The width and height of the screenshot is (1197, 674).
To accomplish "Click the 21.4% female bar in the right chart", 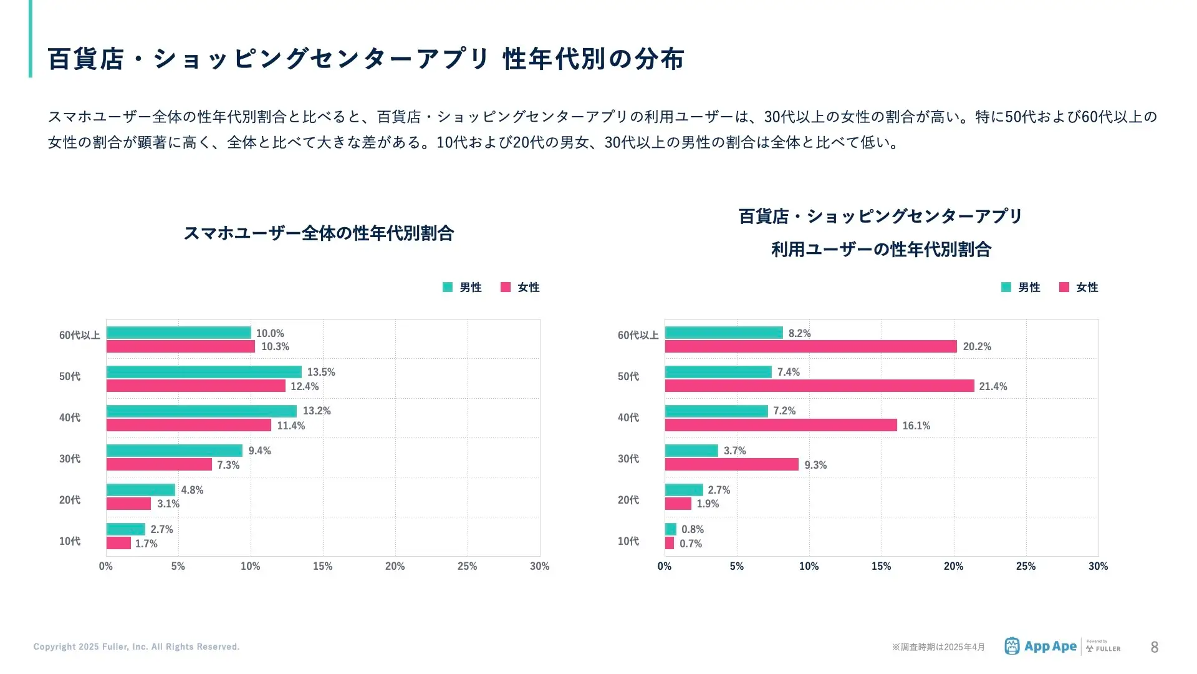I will click(x=819, y=386).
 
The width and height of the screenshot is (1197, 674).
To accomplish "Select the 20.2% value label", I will click(x=976, y=346).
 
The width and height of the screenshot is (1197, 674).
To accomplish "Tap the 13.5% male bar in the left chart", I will click(x=204, y=372).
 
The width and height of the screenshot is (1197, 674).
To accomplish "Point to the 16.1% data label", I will click(x=916, y=426).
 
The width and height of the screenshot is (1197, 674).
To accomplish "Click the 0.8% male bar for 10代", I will click(x=671, y=529).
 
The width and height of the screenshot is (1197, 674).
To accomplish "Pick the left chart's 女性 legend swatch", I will click(x=506, y=287).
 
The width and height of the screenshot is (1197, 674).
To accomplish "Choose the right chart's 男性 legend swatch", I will click(x=1006, y=287).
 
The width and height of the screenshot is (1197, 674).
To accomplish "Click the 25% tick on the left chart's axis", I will click(x=467, y=566).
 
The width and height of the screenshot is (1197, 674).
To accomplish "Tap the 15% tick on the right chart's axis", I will click(x=881, y=566).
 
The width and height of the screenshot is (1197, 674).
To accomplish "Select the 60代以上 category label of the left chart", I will click(x=79, y=335).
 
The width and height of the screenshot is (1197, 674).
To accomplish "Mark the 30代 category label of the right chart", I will click(x=628, y=459).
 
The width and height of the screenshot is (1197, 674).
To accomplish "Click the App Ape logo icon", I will click(x=1012, y=646).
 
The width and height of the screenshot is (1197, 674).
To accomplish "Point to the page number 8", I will click(x=1154, y=647).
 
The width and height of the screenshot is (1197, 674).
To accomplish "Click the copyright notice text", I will click(x=137, y=647).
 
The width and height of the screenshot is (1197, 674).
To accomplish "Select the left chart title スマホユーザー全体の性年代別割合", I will click(x=319, y=233).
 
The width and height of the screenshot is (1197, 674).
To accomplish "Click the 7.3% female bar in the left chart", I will click(x=159, y=465).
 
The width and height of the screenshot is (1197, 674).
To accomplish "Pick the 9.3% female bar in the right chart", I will click(x=731, y=465).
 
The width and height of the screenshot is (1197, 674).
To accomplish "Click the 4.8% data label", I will click(x=192, y=490).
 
